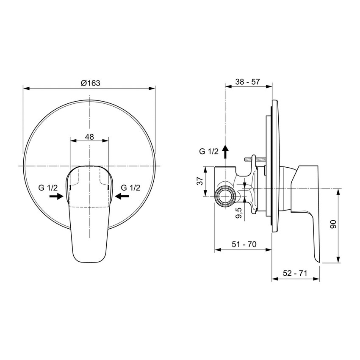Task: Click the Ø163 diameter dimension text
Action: pos(90,83)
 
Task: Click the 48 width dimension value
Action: pos(89,137)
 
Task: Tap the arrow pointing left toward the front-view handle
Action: pos(122,196)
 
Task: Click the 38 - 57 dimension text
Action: pos(248,82)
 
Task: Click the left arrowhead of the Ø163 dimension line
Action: pos(25,89)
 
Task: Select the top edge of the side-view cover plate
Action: pos(274,101)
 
